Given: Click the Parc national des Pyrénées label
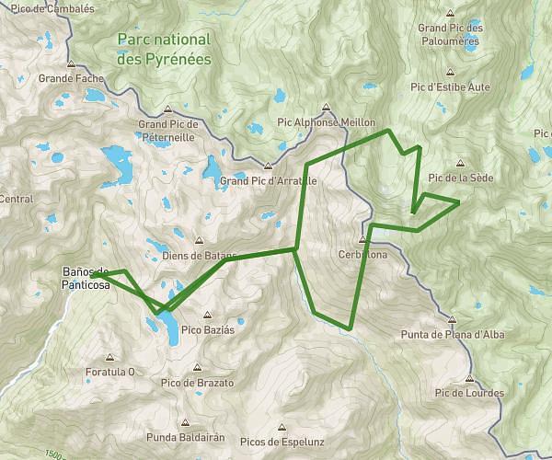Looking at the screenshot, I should coord(164,49).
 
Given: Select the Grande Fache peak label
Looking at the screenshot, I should coord(72,79).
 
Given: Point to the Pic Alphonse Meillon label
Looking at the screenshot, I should coord(326,121).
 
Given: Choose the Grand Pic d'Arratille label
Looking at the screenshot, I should coord(268,181).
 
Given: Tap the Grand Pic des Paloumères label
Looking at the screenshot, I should coord(450,34).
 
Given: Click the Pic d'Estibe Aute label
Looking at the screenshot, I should coord(452,86).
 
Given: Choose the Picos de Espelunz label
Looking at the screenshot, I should coord(282,442).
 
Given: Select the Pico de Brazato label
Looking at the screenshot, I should coord(197,382).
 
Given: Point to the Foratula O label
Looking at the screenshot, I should coord(109,372).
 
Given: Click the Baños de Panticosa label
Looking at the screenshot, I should coord(85,278).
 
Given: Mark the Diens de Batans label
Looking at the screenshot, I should coord(191,256).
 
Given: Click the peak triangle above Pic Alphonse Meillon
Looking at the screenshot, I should coord(326,107).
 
